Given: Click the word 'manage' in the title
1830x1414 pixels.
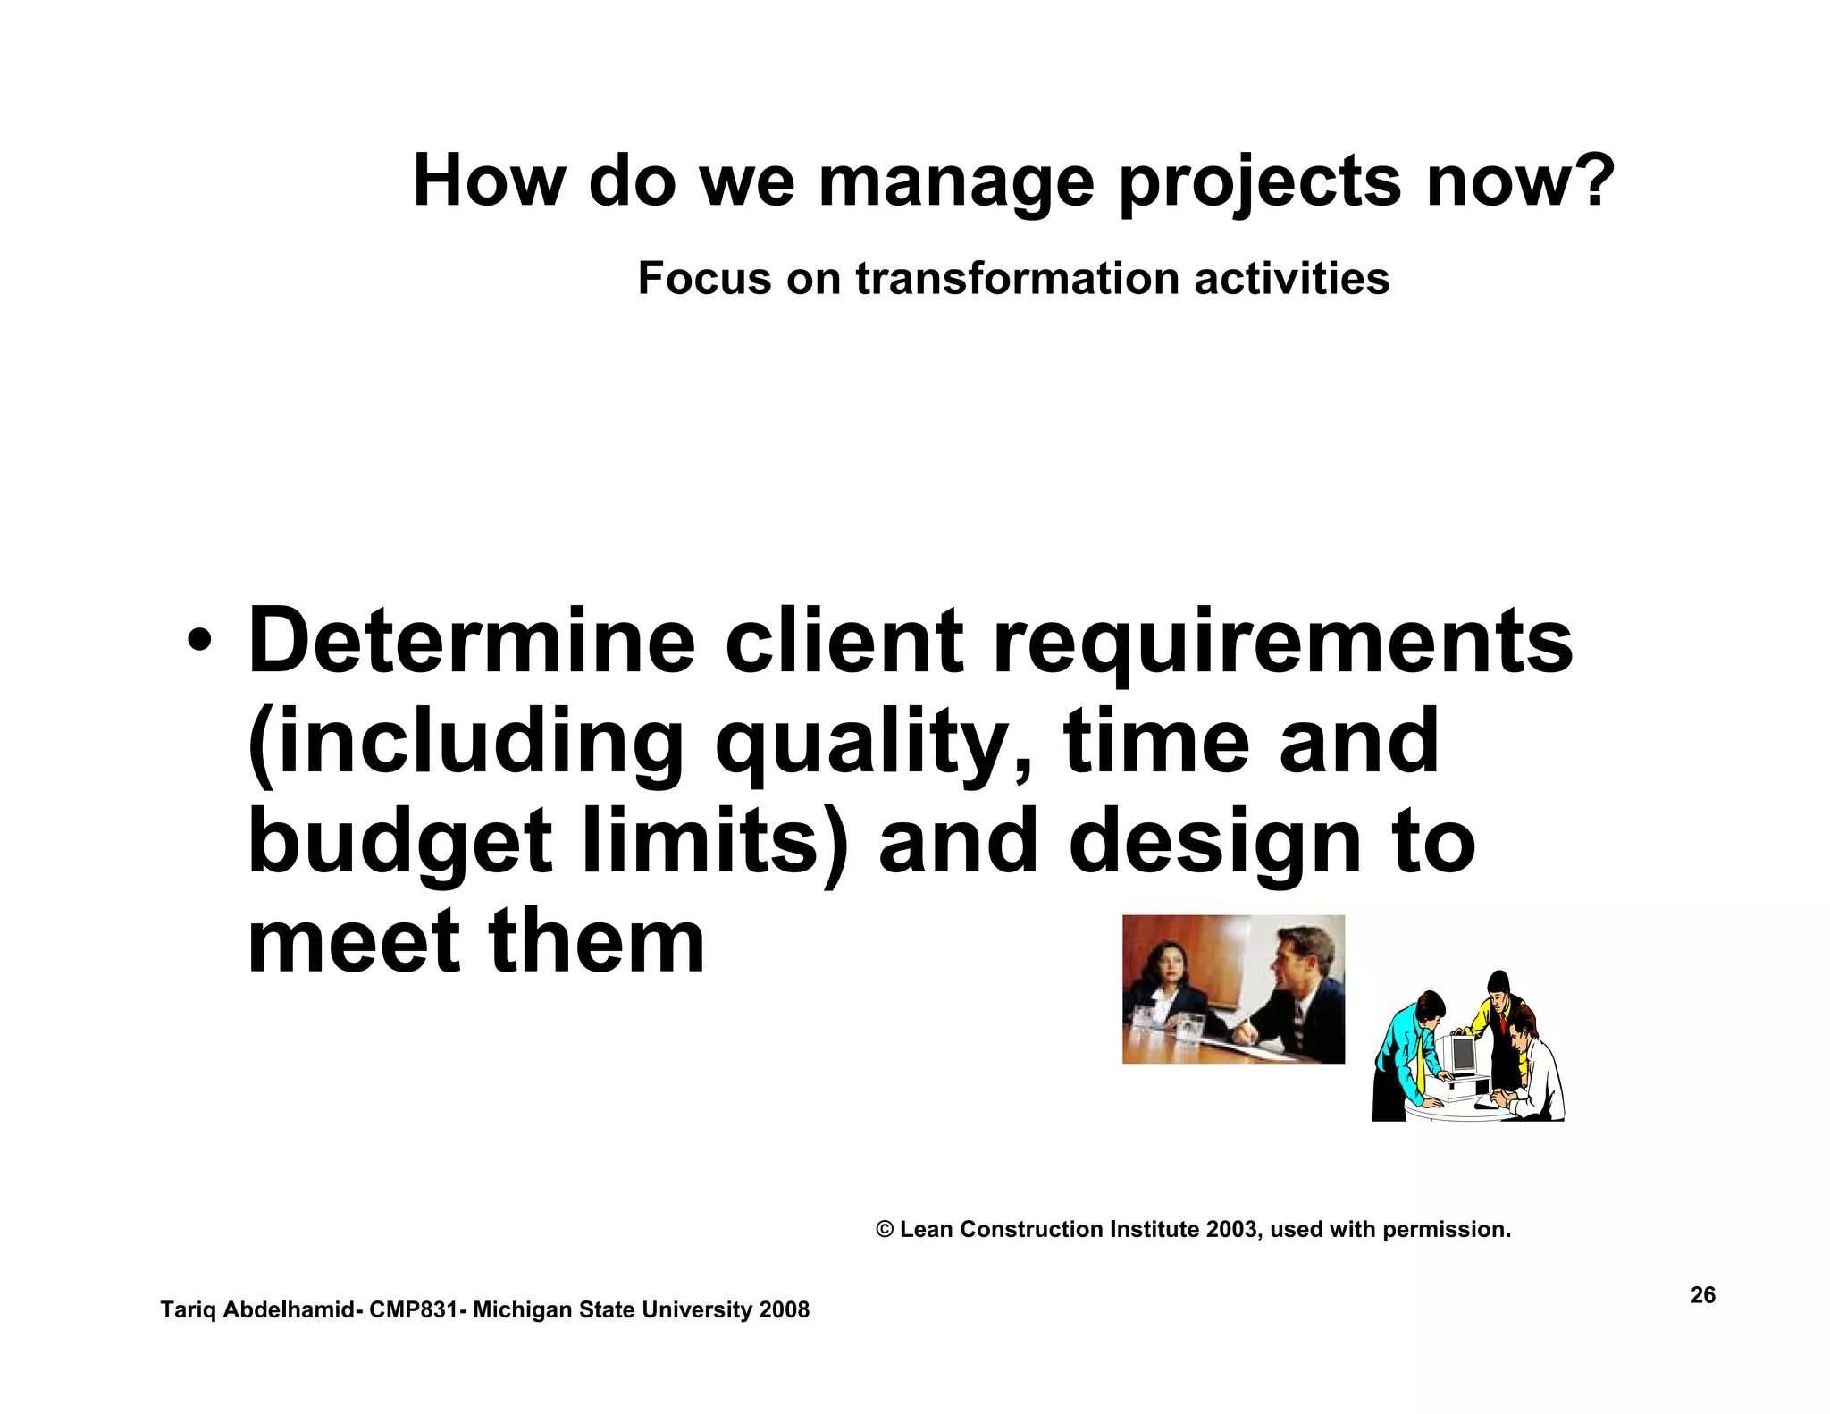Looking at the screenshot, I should click(955, 183).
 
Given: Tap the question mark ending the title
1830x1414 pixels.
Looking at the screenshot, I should click(1591, 181).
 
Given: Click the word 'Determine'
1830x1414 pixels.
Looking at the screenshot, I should click(471, 641).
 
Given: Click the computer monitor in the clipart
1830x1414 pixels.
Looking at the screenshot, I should click(1463, 1055).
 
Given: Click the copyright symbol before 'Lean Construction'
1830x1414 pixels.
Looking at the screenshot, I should click(885, 1230).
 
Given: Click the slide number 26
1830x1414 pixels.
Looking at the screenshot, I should click(1702, 1295).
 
